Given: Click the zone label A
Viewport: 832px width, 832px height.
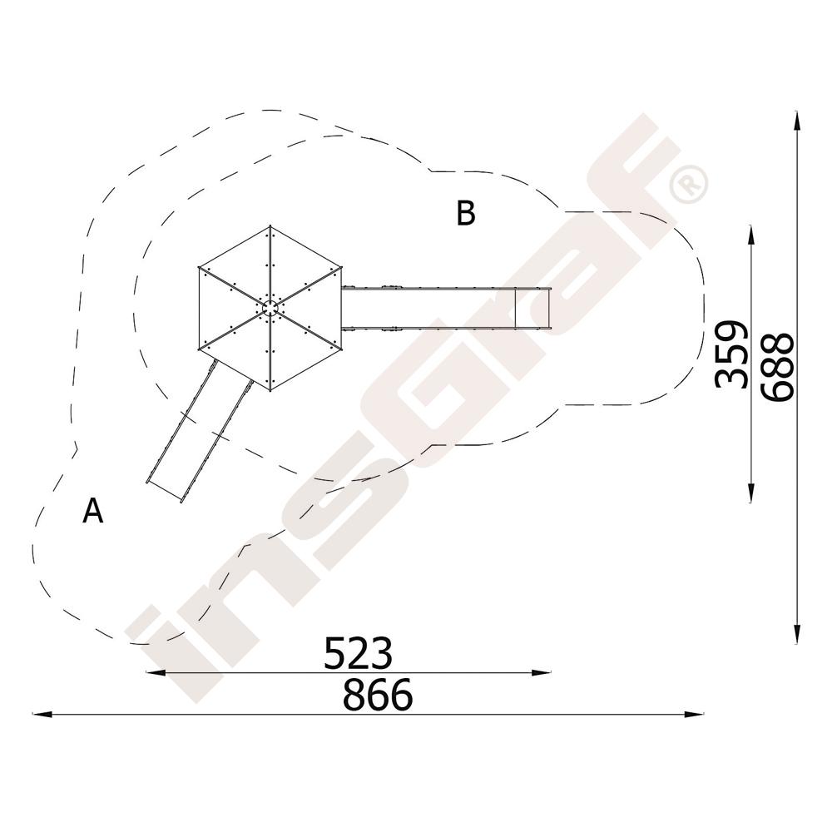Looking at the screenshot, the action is [93, 511].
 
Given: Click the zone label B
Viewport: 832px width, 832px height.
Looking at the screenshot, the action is [466, 213].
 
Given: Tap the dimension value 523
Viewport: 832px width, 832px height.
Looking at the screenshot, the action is [358, 652].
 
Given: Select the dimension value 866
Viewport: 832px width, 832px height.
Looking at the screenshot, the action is [377, 694].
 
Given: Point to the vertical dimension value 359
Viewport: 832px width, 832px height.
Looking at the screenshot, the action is [731, 354].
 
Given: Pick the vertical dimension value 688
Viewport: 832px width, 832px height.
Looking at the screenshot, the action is [777, 366].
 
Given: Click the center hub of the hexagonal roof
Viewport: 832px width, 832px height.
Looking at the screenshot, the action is [270, 308].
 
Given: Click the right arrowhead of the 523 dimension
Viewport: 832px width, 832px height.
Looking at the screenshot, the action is [542, 672].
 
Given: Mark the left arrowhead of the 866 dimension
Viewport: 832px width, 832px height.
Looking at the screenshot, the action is [42, 714].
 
